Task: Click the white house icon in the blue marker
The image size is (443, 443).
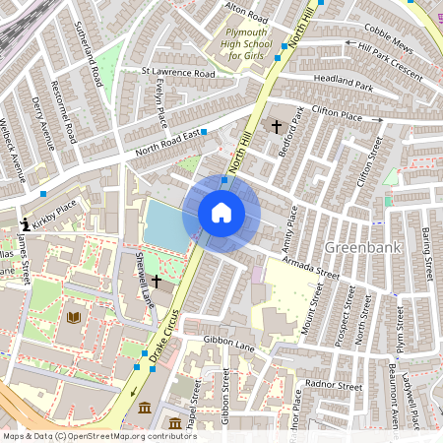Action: click(221, 212)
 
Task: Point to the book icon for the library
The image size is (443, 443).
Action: click(73, 317)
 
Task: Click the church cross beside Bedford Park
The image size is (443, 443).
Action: click(276, 127)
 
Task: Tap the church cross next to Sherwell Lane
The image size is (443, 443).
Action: click(157, 282)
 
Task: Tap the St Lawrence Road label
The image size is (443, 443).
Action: click(177, 73)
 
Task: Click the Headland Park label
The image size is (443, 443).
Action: click(344, 83)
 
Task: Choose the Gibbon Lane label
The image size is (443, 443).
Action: click(228, 344)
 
